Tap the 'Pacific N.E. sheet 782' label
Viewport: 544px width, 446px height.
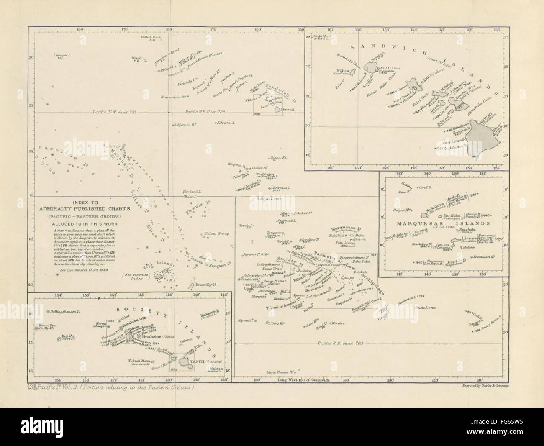205,112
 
